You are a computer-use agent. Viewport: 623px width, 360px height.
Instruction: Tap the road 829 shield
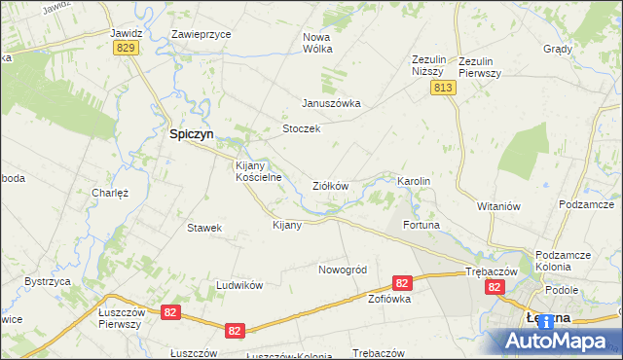124,49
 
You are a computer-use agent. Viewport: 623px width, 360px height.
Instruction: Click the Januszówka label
331,103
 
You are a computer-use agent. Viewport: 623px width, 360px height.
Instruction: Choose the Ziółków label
329,185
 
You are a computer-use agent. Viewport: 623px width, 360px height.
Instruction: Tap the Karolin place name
414,182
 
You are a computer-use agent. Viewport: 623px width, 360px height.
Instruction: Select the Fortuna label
421,226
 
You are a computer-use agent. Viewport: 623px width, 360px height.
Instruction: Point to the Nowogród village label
342,270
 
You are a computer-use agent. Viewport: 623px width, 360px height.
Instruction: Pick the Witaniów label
500,206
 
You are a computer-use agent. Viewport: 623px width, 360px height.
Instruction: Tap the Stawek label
204,228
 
